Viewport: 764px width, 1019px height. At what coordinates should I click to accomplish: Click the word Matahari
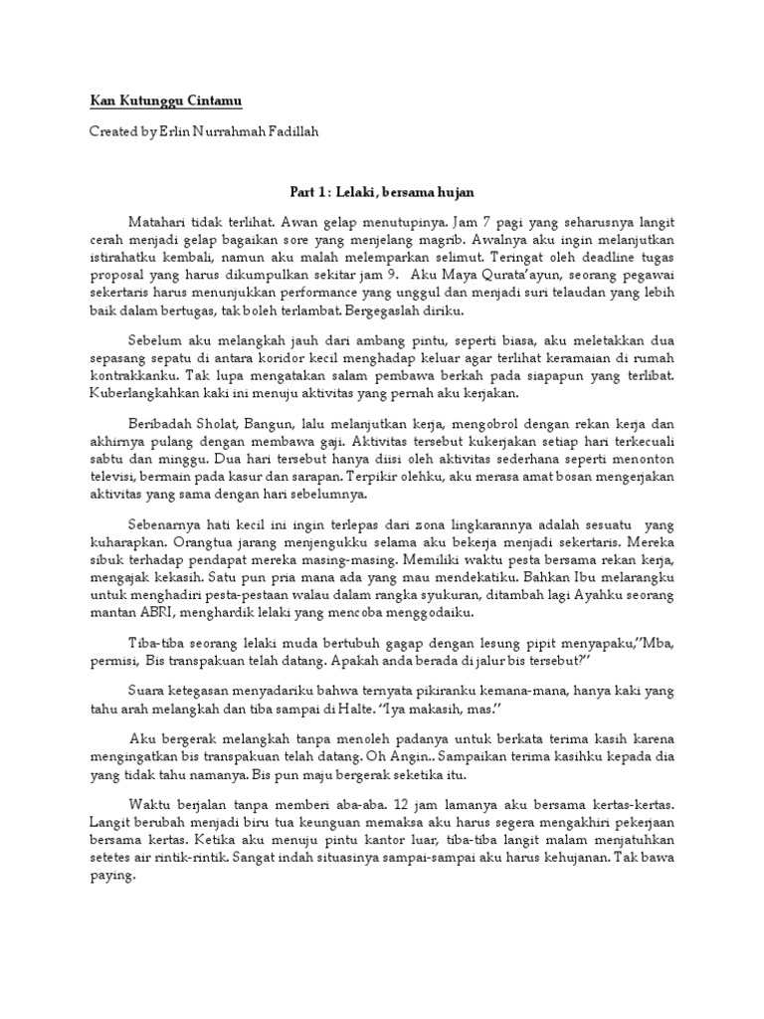159,220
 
